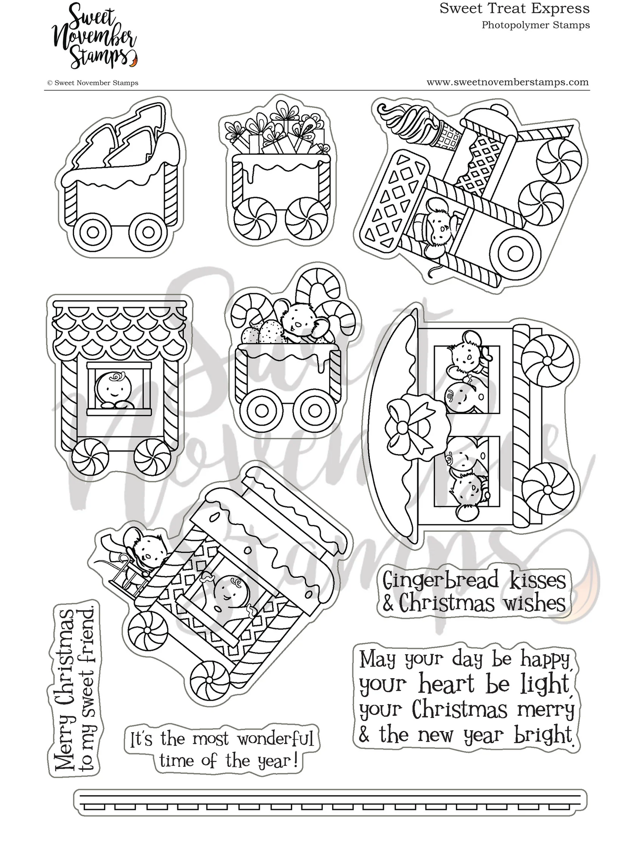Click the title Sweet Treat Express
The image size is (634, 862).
pyautogui.click(x=514, y=8)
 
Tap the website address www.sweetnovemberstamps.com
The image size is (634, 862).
pyautogui.click(x=507, y=82)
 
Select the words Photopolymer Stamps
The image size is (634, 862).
pyautogui.click(x=535, y=25)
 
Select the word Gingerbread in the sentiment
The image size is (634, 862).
pyautogui.click(x=441, y=580)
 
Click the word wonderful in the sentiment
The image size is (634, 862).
pyautogui.click(x=275, y=739)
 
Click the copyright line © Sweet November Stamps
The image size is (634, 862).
pyautogui.click(x=93, y=82)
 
